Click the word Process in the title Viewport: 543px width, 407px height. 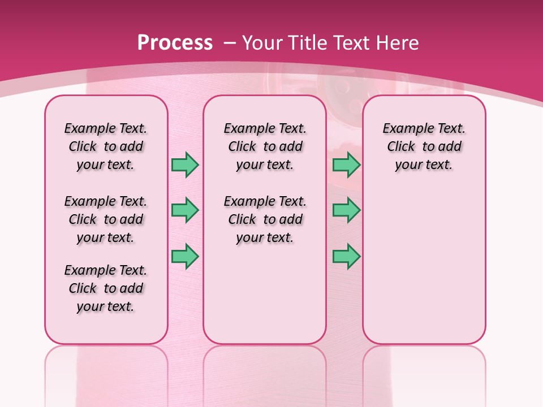click(x=175, y=43)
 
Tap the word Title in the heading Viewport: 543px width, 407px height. click(x=305, y=43)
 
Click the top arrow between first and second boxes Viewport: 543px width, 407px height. click(x=185, y=164)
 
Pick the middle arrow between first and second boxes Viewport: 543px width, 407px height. click(x=185, y=210)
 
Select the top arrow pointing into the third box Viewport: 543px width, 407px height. click(x=346, y=164)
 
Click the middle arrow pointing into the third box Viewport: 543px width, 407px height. click(x=346, y=210)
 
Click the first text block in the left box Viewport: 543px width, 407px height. click(x=106, y=146)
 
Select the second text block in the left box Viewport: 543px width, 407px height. click(x=106, y=219)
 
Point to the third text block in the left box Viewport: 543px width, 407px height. click(x=106, y=288)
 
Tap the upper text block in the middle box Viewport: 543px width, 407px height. click(x=265, y=146)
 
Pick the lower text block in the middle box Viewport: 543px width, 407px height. click(x=265, y=219)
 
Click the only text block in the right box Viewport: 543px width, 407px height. click(x=424, y=146)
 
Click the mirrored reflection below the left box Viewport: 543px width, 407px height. click(x=106, y=373)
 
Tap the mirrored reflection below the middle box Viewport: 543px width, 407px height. click(x=265, y=373)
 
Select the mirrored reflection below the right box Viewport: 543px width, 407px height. click(x=424, y=373)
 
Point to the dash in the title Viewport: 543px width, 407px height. click(x=230, y=43)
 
